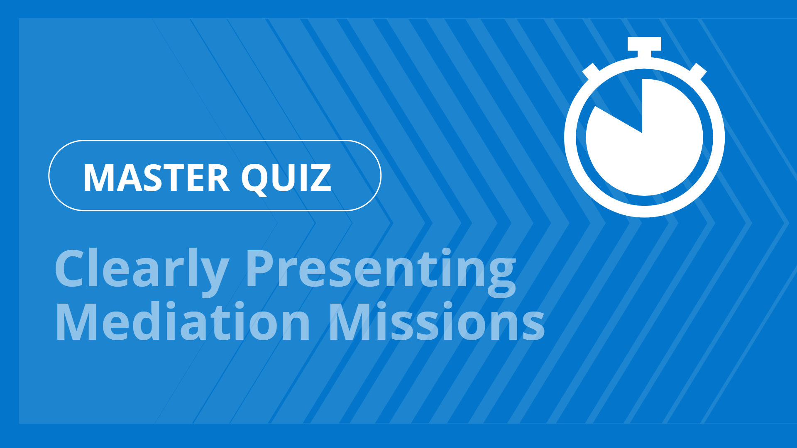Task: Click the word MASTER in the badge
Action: pyautogui.click(x=156, y=178)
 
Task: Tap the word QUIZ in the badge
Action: pyautogui.click(x=286, y=178)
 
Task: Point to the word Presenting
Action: pyautogui.click(x=381, y=269)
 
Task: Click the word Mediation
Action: pyautogui.click(x=183, y=321)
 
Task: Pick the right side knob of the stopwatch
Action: pyautogui.click(x=698, y=71)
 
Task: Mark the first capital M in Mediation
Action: pyautogui.click(x=77, y=321)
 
